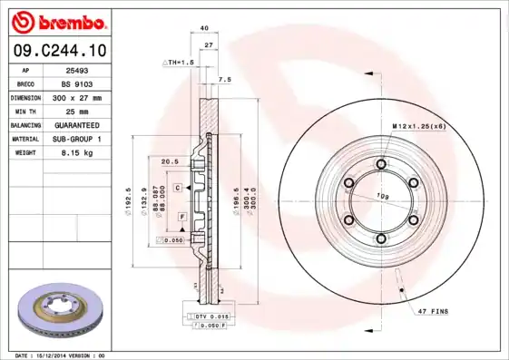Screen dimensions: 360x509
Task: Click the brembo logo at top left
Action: pyautogui.click(x=57, y=21)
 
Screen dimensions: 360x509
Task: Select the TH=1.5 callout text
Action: pyautogui.click(x=179, y=62)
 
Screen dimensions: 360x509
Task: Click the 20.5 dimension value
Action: pyautogui.click(x=169, y=161)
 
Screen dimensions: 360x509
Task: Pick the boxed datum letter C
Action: pyautogui.click(x=179, y=186)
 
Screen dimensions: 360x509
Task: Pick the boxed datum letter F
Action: pyautogui.click(x=182, y=219)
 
